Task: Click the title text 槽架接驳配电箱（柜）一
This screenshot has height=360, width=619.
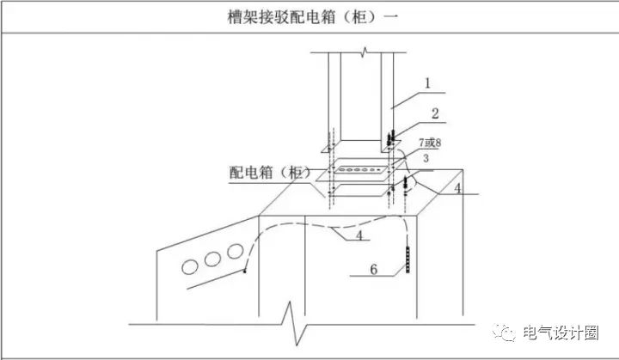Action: click(x=313, y=17)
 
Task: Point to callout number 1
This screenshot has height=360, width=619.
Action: click(x=427, y=83)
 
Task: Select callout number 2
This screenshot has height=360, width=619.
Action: click(x=435, y=113)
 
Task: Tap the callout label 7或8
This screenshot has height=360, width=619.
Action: click(x=430, y=142)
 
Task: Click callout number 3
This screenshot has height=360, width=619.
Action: click(x=426, y=158)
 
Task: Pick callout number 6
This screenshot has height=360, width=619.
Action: click(x=373, y=270)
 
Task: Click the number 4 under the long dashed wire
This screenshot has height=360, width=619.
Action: click(x=359, y=235)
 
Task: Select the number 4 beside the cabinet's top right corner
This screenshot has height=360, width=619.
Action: click(x=457, y=188)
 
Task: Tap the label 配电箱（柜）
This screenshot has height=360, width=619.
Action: click(x=271, y=173)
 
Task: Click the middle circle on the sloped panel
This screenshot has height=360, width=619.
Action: click(x=212, y=259)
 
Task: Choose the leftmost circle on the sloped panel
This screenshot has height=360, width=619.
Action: click(x=190, y=267)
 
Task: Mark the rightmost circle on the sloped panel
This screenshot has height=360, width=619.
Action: click(x=236, y=252)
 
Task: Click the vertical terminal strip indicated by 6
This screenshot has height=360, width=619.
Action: click(x=408, y=259)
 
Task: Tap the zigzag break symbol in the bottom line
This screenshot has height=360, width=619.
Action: click(x=295, y=323)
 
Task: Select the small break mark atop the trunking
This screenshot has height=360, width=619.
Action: click(x=365, y=52)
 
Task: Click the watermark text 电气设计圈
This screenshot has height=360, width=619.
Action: click(x=561, y=333)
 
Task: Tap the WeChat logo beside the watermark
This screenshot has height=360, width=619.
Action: click(x=504, y=333)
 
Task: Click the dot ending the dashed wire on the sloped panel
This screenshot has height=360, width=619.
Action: click(x=244, y=271)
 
